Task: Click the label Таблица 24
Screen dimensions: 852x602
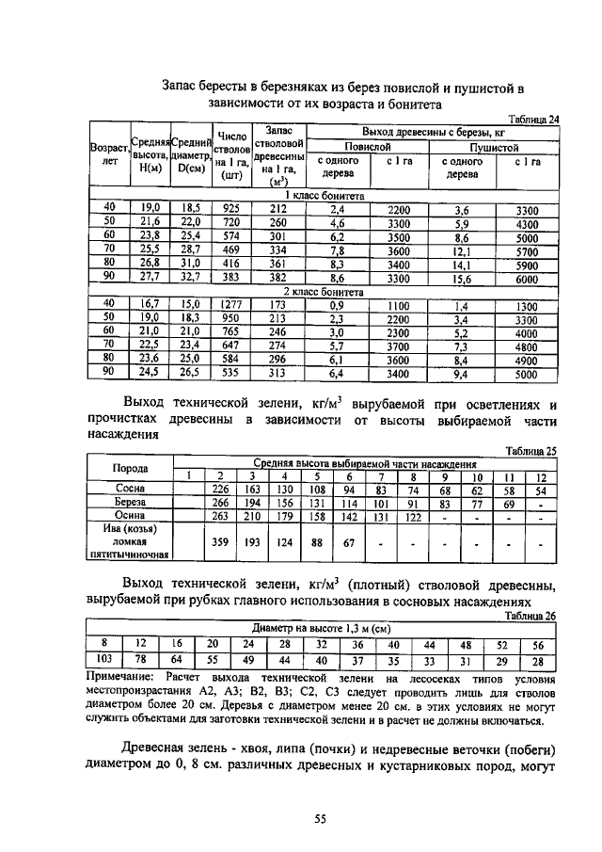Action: tap(533, 119)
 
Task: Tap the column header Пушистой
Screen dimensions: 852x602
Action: tap(494, 147)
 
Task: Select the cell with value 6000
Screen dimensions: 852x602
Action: tap(527, 280)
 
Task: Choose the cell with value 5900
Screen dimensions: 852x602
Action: tap(527, 265)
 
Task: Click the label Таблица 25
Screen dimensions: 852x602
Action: tap(531, 451)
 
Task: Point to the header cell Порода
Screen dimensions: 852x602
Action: tap(130, 469)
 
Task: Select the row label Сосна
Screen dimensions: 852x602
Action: tap(130, 490)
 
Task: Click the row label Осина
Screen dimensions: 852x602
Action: tap(130, 516)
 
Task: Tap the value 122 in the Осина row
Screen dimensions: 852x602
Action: tap(411, 516)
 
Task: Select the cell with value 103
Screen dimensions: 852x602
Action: tap(105, 659)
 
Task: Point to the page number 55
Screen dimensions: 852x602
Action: tap(320, 820)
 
